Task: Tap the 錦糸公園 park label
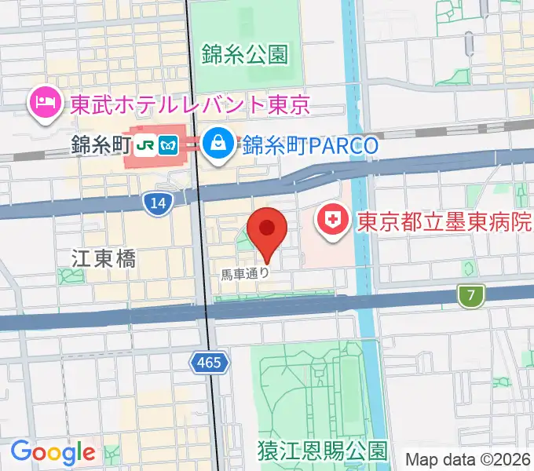244,54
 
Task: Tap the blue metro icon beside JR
168,145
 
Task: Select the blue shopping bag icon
214,144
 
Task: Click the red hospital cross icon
332,221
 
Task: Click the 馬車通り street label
245,274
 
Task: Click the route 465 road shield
210,362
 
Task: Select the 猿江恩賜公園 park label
322,451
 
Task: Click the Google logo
53,452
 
